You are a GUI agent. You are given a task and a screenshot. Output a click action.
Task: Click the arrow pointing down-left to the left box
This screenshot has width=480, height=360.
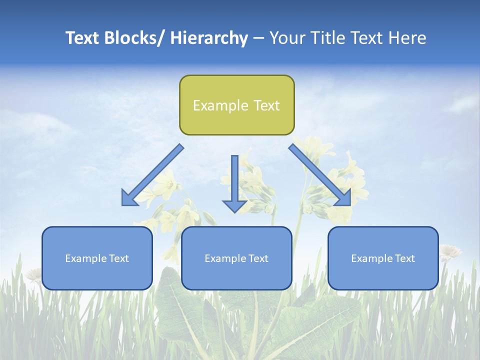point(152,175)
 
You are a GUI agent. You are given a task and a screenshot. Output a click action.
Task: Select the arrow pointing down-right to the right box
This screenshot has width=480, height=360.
point(320,175)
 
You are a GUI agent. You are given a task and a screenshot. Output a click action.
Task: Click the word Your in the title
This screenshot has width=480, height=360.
point(286,38)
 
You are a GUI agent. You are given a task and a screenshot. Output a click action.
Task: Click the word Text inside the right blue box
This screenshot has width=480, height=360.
point(404,258)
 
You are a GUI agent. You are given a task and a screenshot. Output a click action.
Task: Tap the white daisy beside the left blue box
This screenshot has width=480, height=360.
point(34,274)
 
